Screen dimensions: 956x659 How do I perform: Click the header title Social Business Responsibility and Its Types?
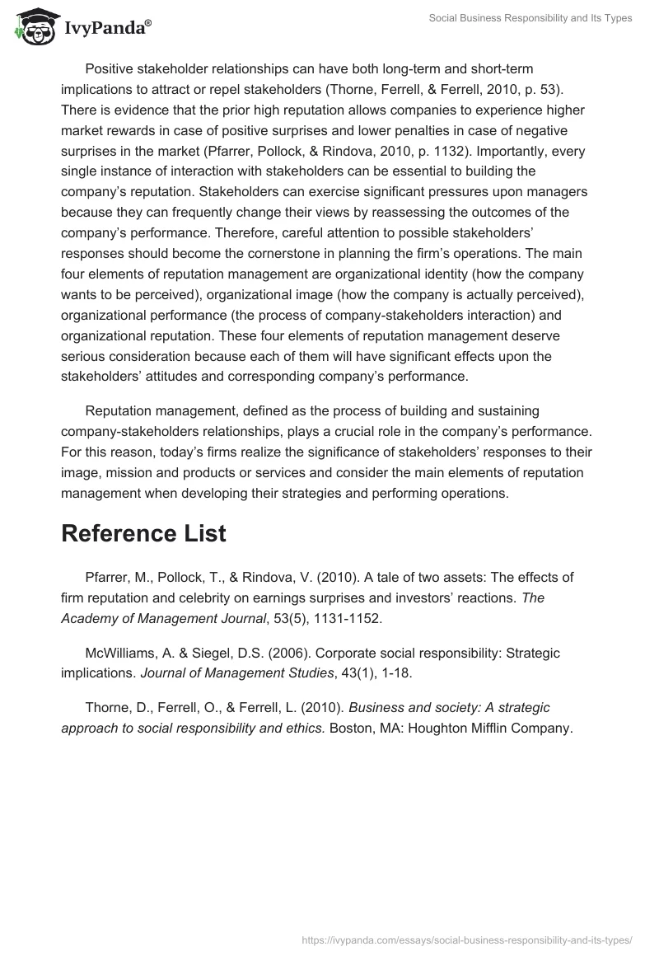pyautogui.click(x=530, y=18)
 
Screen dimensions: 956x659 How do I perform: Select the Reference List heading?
pyautogui.click(x=143, y=533)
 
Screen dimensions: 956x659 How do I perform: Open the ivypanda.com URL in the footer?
pyautogui.click(x=467, y=939)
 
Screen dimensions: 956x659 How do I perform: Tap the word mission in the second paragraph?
pyautogui.click(x=120, y=473)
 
